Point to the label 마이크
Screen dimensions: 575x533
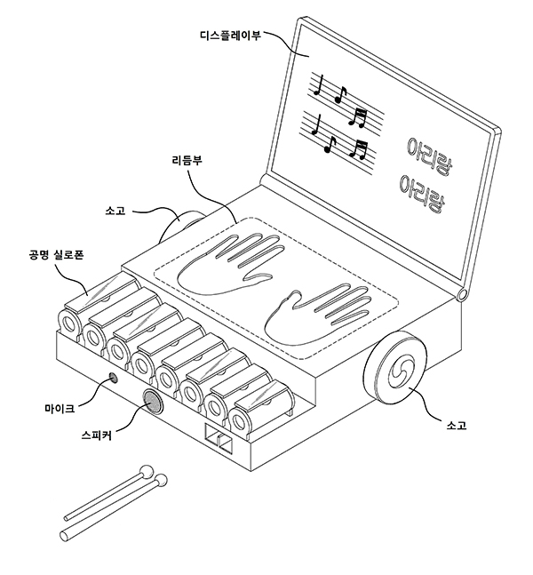(x=58, y=408)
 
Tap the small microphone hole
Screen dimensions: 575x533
(x=113, y=379)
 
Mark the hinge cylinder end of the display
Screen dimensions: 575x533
(x=462, y=294)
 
